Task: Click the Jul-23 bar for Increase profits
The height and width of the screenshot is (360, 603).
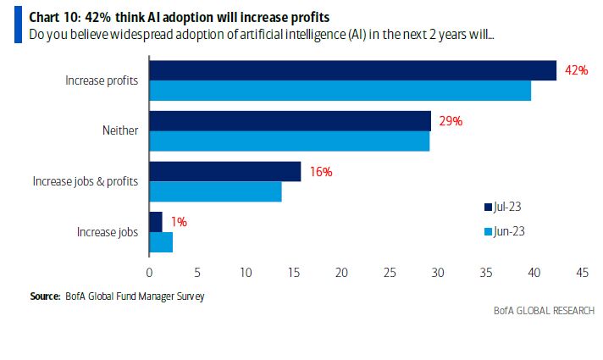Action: coord(352,70)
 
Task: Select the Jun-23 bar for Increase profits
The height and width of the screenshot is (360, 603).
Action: coord(340,91)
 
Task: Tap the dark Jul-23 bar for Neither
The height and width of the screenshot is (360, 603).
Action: coord(290,121)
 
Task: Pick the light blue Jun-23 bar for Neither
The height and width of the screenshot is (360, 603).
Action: coord(289,141)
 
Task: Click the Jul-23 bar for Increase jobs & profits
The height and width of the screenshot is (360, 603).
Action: coord(224,171)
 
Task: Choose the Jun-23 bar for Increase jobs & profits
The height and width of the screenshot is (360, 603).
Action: coord(215,191)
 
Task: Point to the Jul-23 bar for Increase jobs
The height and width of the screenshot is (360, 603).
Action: coord(156,222)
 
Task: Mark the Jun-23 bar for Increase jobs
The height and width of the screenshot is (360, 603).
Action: coord(161,242)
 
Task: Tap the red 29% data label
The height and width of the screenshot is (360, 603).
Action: coord(450,121)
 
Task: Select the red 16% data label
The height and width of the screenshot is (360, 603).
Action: coord(320,172)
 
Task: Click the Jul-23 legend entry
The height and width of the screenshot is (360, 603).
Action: coord(504,207)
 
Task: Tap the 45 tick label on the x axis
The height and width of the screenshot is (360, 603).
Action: coord(582,273)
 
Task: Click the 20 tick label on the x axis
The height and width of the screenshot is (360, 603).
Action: coord(341,273)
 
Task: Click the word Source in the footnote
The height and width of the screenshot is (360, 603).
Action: coord(44,296)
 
